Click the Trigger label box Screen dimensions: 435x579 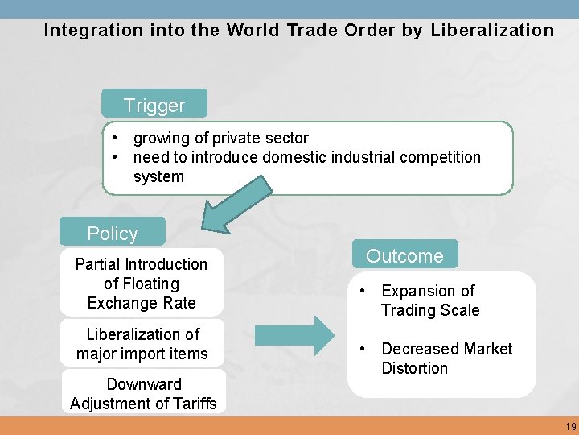coord(154,105)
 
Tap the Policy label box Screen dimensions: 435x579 coord(113,233)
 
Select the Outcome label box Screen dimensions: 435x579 coord(404,255)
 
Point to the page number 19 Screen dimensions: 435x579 coord(570,426)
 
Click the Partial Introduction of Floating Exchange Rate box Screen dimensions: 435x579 coord(142,284)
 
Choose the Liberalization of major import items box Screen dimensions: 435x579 coord(142,344)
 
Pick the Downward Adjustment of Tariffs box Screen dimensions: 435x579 coord(143,394)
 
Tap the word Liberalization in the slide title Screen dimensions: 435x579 coord(492,31)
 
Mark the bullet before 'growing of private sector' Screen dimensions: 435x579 coord(117,138)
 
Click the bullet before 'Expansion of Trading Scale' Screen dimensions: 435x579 coord(364,290)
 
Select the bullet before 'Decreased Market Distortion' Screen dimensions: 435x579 coord(364,348)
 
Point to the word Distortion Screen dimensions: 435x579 coord(415,368)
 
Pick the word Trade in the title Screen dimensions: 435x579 coord(309,31)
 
